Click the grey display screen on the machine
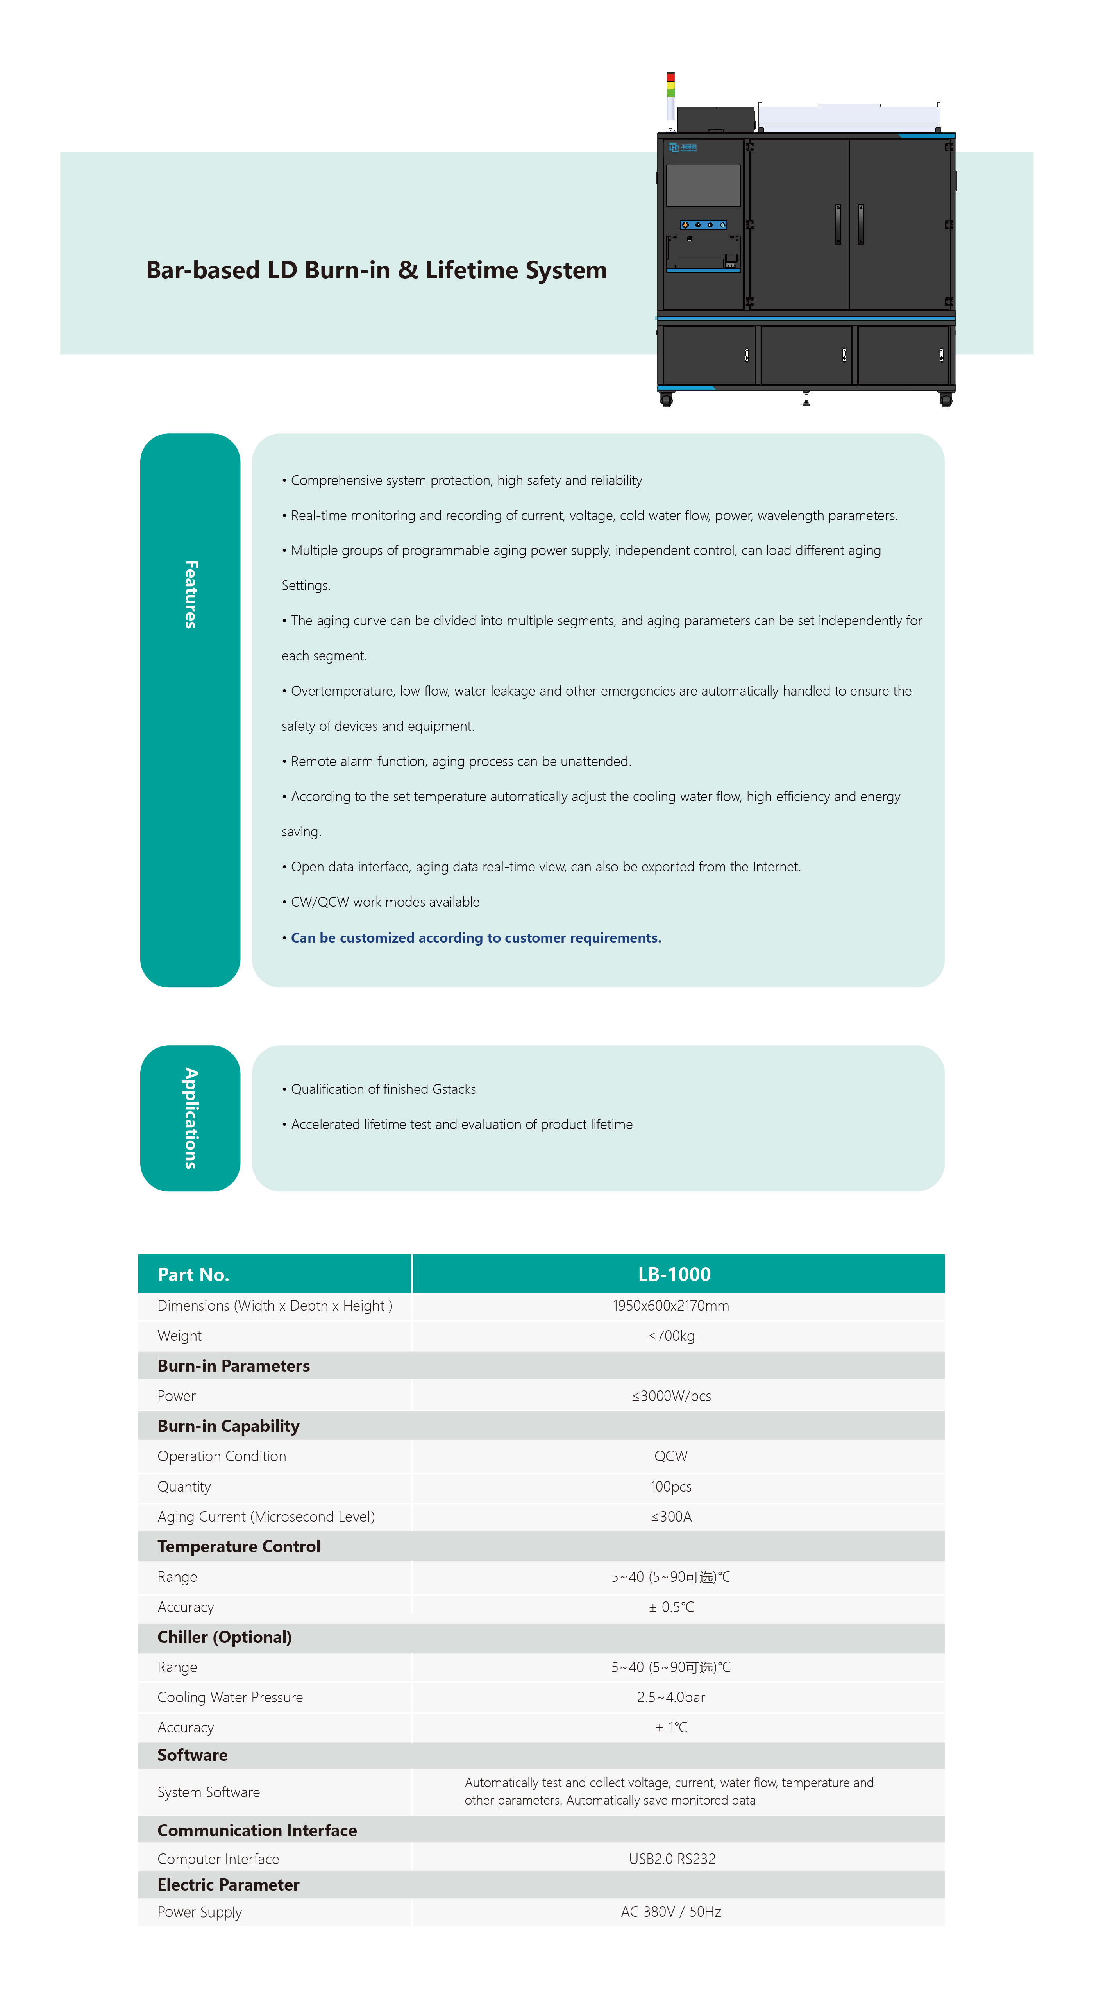(703, 186)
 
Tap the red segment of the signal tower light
(670, 77)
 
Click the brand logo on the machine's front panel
(682, 147)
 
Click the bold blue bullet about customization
(476, 937)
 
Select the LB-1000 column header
(674, 1274)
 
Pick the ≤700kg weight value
(670, 1336)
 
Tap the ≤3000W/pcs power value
(670, 1396)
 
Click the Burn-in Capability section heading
(229, 1426)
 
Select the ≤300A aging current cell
(670, 1517)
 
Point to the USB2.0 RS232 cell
(671, 1859)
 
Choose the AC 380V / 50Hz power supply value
(670, 1912)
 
